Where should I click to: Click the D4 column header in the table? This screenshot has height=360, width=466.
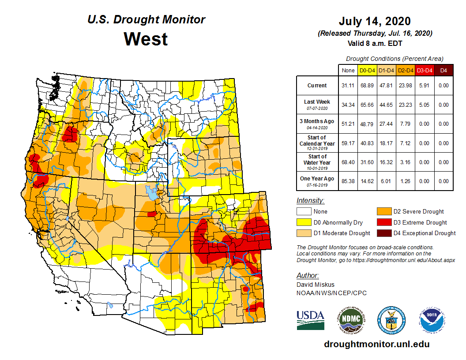click(x=443, y=70)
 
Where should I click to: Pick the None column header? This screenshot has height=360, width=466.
click(x=348, y=70)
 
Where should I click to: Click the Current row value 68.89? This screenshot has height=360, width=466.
click(x=367, y=86)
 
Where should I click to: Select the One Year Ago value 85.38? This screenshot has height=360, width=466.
click(x=348, y=181)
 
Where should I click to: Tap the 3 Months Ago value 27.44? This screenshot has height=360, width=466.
click(x=387, y=124)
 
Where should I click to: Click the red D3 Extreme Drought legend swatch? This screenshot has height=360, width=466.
click(x=383, y=222)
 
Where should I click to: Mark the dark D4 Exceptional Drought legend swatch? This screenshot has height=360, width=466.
click(x=383, y=233)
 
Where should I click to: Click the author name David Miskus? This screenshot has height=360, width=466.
click(x=316, y=285)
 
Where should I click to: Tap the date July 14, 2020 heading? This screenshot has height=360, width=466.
click(x=375, y=21)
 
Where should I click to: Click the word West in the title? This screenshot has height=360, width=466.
click(x=146, y=39)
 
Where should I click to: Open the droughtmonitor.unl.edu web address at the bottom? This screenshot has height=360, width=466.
click(x=376, y=344)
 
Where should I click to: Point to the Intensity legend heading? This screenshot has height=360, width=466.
click(x=310, y=201)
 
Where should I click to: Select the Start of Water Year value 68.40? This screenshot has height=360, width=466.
click(x=348, y=162)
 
